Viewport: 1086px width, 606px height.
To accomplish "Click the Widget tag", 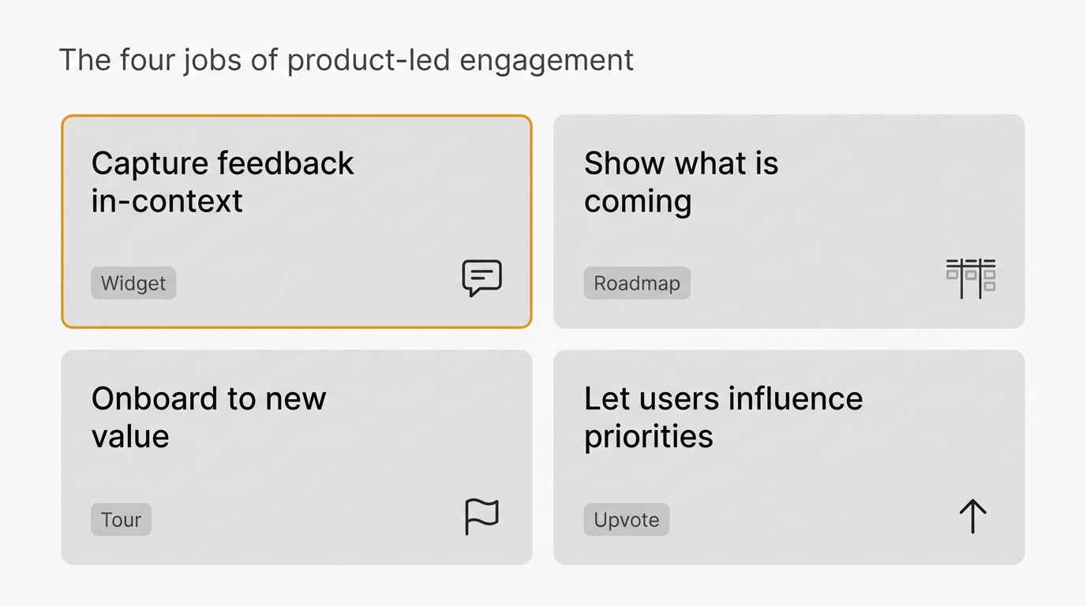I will [x=133, y=283].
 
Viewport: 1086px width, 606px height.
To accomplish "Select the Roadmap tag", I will [x=637, y=283].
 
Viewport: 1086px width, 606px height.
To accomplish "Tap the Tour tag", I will [x=121, y=520].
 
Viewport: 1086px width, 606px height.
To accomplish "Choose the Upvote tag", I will [x=627, y=520].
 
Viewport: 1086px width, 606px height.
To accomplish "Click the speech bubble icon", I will [x=481, y=278].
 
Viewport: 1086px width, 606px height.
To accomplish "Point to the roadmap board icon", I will [x=971, y=278].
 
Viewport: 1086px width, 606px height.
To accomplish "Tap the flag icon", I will [x=481, y=517].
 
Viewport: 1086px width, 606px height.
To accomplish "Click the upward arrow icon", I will [x=972, y=517].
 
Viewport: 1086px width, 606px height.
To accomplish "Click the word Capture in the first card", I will [x=149, y=164].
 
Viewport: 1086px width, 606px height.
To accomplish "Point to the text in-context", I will [x=167, y=201].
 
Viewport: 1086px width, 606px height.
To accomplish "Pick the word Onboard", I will [x=154, y=398].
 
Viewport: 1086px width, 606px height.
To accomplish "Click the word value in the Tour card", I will [x=130, y=436].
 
